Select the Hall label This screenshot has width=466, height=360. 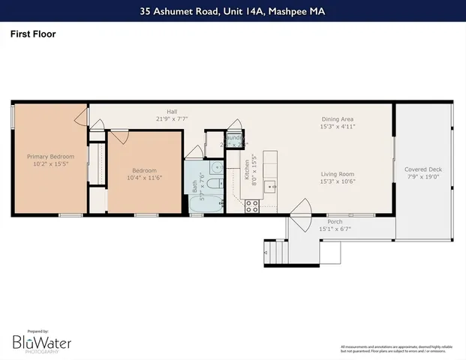[171, 112]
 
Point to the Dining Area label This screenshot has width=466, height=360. [337, 119]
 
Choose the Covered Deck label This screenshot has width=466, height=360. [423, 169]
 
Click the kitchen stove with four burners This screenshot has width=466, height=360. [251, 205]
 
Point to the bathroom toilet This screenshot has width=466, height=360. [215, 184]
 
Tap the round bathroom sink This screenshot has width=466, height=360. [215, 168]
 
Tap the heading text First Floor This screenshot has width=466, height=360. [32, 34]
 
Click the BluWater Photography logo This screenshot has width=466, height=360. [41, 342]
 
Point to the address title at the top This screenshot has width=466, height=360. [233, 11]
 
